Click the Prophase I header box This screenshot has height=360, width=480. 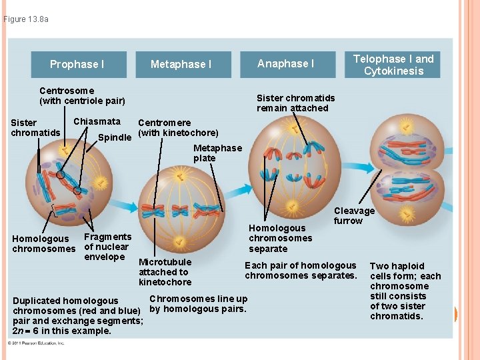click(x=77, y=65)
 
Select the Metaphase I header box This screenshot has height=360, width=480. click(x=181, y=65)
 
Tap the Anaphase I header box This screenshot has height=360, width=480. click(x=285, y=64)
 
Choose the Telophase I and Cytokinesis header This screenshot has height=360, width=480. click(x=393, y=65)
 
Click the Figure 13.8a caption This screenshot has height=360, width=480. click(x=26, y=19)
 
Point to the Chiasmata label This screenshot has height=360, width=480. click(x=97, y=121)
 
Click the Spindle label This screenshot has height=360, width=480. click(x=115, y=138)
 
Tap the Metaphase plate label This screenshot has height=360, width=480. click(x=217, y=153)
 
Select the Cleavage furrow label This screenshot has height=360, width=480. click(x=354, y=215)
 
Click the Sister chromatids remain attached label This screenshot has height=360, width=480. click(x=295, y=103)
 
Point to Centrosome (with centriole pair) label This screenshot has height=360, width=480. click(x=82, y=95)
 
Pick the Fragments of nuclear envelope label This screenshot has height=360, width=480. click(x=108, y=247)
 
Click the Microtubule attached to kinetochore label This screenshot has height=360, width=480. click(x=165, y=271)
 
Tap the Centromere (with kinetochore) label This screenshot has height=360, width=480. click(x=177, y=127)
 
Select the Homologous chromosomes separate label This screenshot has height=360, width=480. click(x=280, y=238)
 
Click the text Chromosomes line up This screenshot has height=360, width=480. click(x=198, y=299)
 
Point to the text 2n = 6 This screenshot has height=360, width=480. click(x=29, y=331)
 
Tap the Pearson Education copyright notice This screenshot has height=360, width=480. click(x=36, y=343)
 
